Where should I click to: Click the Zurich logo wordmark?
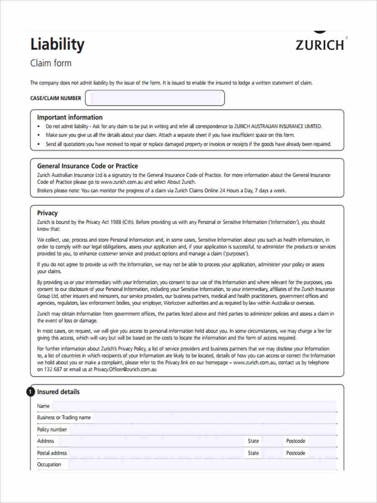click(320, 44)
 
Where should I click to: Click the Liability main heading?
click(57, 44)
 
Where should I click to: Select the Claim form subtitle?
click(51, 63)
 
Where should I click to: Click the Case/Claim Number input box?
click(155, 98)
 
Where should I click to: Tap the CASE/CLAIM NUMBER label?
click(56, 99)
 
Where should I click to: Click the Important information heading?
click(70, 117)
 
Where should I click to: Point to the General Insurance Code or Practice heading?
click(87, 166)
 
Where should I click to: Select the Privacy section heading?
click(47, 213)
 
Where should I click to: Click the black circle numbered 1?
click(30, 392)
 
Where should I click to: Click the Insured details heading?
click(58, 392)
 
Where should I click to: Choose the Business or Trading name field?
click(214, 417)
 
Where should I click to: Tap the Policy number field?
click(201, 429)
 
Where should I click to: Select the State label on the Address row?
click(253, 441)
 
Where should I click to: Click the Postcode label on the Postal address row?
click(296, 453)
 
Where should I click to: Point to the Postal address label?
click(52, 453)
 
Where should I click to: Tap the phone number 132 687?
click(53, 370)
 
